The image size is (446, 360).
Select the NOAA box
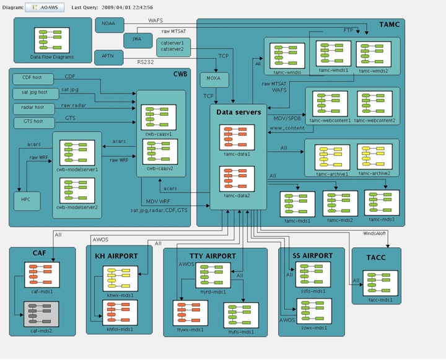pos(110,25)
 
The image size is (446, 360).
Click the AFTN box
pos(110,57)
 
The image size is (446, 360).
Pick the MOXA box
pos(214,80)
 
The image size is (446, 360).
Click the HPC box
pos(26,200)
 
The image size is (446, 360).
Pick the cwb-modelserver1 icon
pos(77,152)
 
